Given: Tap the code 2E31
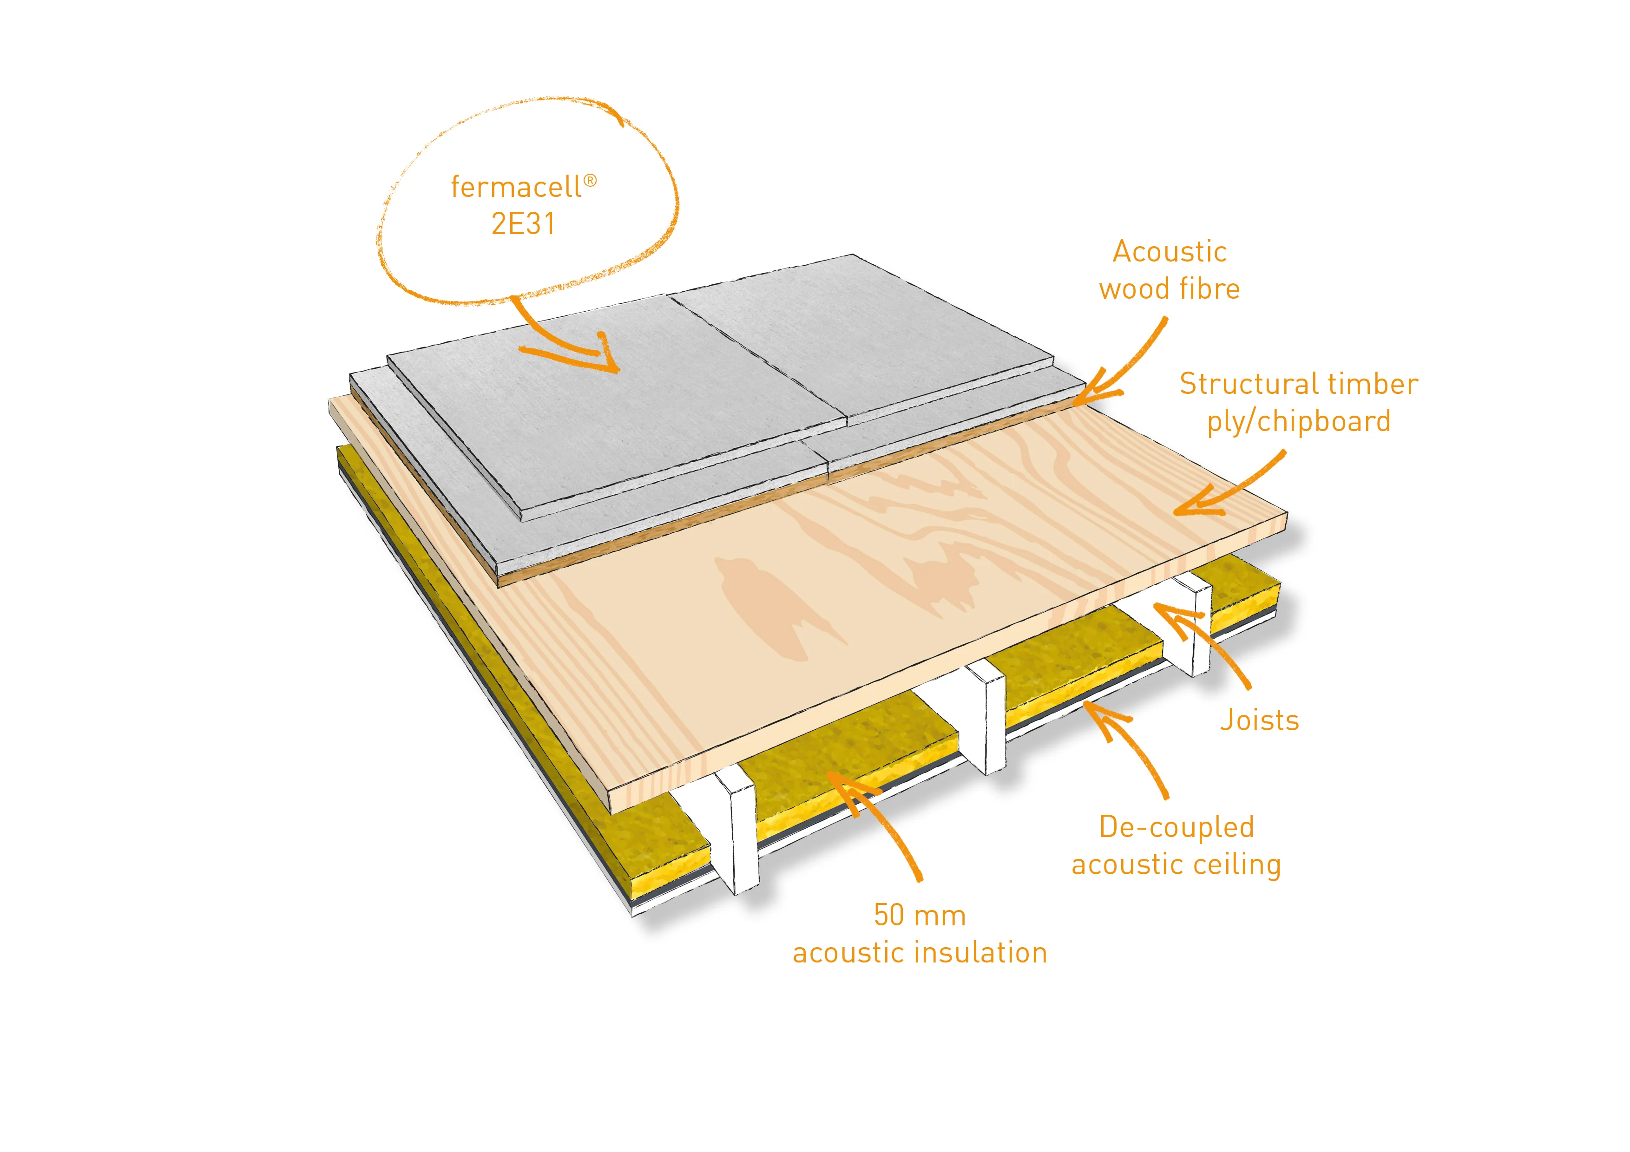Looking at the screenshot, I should (523, 224).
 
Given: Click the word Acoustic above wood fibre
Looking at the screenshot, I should (1169, 252).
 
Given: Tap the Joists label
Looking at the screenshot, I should (1259, 720).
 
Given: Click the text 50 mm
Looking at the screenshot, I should (920, 916).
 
